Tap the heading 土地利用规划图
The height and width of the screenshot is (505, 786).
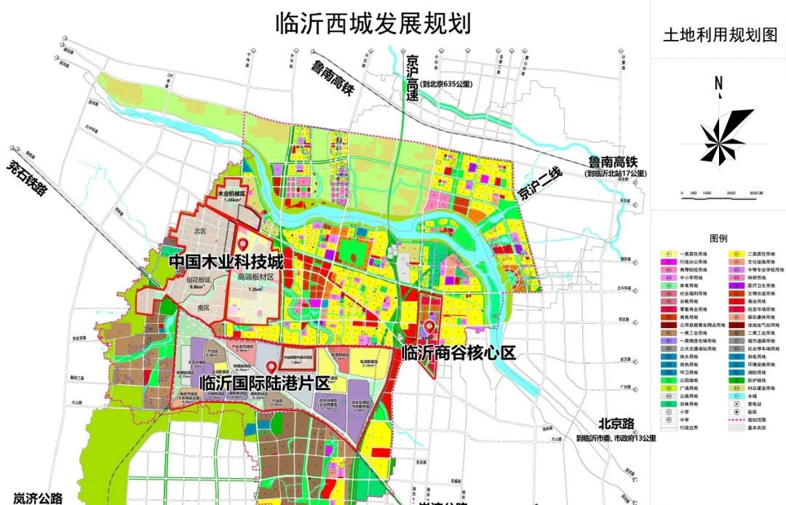(x=717, y=34)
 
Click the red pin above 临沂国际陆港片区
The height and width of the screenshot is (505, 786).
(x=271, y=367)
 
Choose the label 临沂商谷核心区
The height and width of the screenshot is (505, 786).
(x=458, y=353)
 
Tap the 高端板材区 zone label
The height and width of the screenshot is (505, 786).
(x=255, y=277)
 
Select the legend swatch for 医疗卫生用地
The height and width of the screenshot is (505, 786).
(x=737, y=286)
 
